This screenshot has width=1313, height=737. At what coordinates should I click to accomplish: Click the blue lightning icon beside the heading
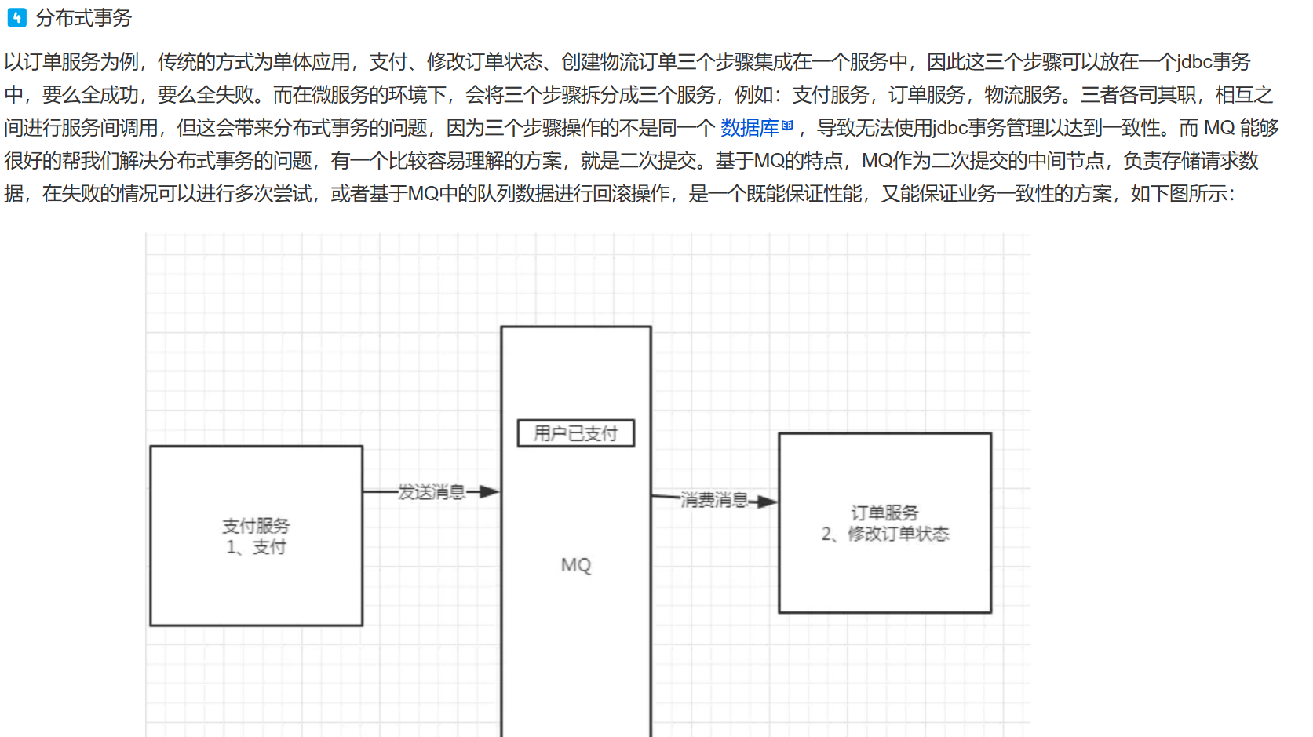coord(16,17)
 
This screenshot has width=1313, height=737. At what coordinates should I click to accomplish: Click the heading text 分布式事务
coord(83,17)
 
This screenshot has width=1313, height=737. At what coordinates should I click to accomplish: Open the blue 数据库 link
coord(750,128)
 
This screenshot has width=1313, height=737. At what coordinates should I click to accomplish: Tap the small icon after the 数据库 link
coord(787,126)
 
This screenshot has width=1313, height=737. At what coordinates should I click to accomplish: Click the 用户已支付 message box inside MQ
coord(575,433)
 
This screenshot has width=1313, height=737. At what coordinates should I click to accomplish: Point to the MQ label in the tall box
coord(576,565)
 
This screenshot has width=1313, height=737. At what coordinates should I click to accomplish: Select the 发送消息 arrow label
coord(431,492)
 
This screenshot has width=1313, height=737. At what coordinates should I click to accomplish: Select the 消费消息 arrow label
coord(713,500)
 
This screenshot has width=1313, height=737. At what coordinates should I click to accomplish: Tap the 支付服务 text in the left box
coord(256,526)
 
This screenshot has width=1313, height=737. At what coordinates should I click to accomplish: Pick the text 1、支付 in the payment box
coord(256,547)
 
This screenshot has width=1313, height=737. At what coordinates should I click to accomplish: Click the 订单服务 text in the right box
coord(884,513)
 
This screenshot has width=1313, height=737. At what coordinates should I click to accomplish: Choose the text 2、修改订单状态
coord(885,534)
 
